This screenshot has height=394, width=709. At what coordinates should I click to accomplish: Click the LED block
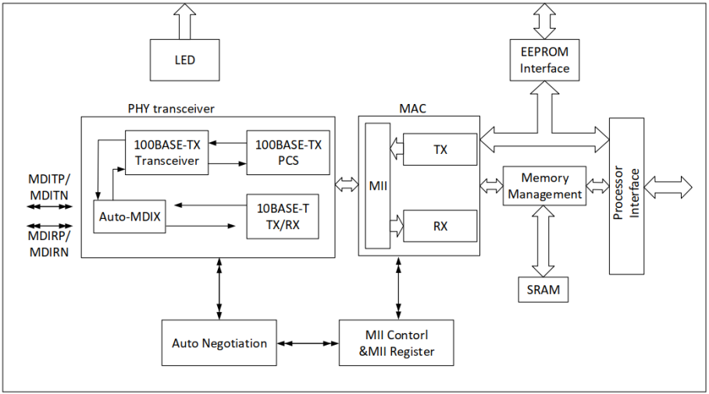(x=185, y=60)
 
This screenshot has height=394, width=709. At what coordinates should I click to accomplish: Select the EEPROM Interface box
(x=545, y=60)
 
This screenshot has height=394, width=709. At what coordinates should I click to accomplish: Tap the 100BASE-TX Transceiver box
(x=166, y=152)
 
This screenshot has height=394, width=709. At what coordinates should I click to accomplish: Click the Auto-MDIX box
(x=129, y=217)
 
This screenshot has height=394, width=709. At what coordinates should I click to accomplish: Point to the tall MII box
(x=377, y=186)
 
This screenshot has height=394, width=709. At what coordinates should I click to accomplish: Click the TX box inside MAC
(x=440, y=149)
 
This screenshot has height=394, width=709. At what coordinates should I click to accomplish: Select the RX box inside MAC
(x=440, y=227)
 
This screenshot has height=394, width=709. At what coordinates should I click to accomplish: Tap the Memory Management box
(x=544, y=186)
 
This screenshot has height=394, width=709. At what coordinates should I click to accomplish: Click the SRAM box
(x=543, y=291)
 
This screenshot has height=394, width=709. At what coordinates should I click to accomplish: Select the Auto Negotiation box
(x=219, y=343)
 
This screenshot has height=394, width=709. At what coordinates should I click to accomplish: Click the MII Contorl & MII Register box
(x=397, y=343)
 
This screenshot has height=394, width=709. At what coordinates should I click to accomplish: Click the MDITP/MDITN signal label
(x=49, y=185)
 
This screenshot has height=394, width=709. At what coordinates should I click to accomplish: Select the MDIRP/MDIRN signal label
(x=49, y=243)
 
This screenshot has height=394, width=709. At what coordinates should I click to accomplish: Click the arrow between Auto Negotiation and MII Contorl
(x=308, y=343)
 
